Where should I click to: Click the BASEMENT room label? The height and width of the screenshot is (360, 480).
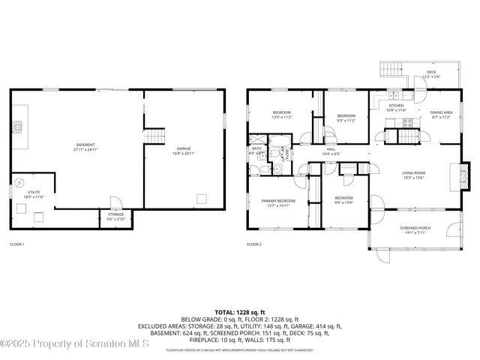pos(86,146)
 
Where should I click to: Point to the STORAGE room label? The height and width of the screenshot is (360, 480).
pos(115,216)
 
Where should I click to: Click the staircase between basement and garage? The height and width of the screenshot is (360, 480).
pos(154,136)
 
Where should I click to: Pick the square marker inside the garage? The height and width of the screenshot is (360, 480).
pos(201,199)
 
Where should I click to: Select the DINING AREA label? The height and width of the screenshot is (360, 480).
pos(441,115)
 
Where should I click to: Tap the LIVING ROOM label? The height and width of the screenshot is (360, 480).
pos(413,175)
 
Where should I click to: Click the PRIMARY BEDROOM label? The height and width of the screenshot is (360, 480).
pos(277,202)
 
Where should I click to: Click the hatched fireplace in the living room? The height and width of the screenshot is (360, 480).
pos(462,175)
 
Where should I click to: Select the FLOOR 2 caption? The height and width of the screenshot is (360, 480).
pos(254,244)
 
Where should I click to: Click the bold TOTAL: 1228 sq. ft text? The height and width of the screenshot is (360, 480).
pos(239,311)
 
